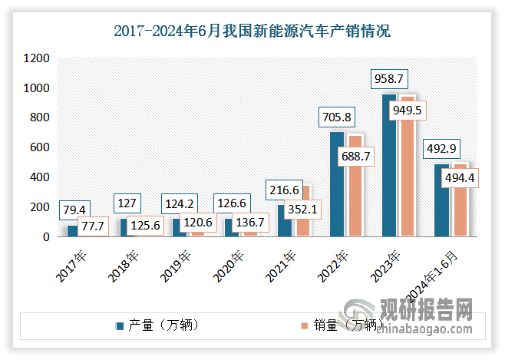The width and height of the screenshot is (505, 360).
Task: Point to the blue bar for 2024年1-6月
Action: pyautogui.click(x=441, y=200)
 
